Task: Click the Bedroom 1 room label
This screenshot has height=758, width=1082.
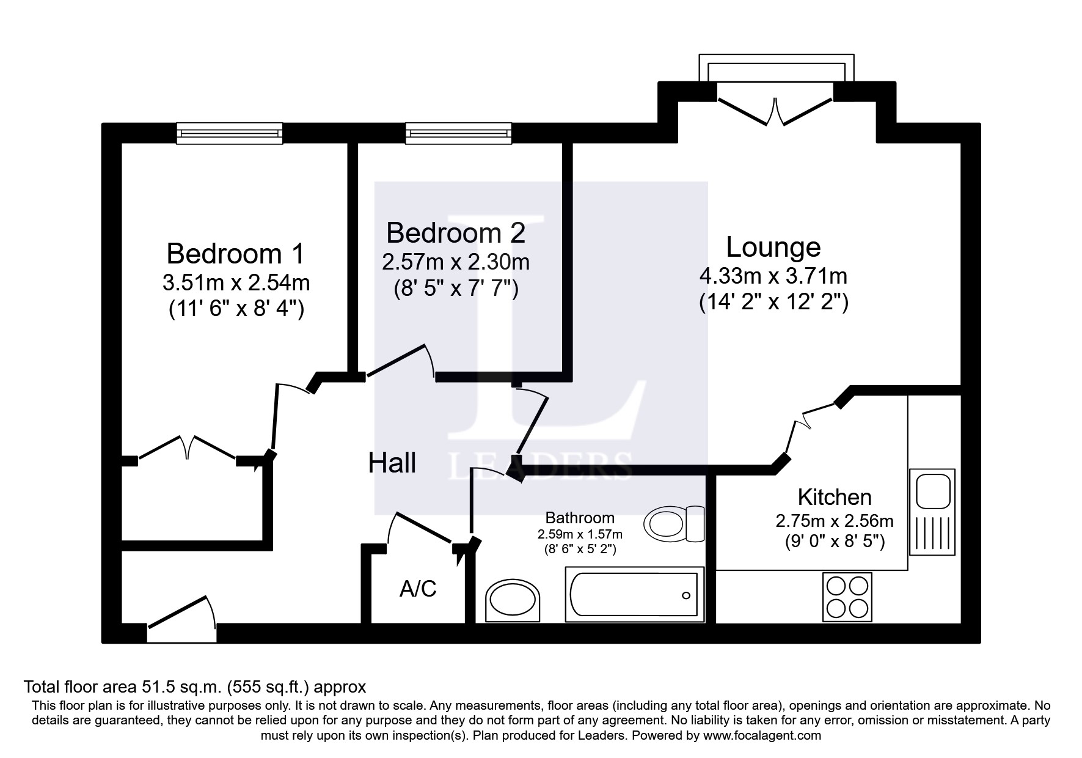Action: [x=235, y=254]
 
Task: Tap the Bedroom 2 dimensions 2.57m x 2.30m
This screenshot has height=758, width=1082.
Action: [x=455, y=262]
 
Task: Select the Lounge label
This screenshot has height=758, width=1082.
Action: [x=773, y=247]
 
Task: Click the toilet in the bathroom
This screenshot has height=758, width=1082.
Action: [x=674, y=524]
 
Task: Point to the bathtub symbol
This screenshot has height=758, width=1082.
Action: [x=634, y=595]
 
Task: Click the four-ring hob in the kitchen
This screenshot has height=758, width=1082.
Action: [x=847, y=597]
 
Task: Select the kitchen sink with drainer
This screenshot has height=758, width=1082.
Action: [x=932, y=512]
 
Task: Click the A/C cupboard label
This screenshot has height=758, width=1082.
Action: [x=418, y=589]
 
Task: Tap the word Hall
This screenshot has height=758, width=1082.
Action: [x=392, y=463]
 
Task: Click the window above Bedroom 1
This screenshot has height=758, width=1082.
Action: [x=230, y=133]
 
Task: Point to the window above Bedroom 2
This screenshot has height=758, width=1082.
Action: [x=458, y=133]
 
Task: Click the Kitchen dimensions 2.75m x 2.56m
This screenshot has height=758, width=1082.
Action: [x=834, y=521]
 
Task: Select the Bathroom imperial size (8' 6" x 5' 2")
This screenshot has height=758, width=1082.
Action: [x=580, y=549]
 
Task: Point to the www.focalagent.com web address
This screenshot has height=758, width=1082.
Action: [x=762, y=735]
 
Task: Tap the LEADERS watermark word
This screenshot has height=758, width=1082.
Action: [x=540, y=466]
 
